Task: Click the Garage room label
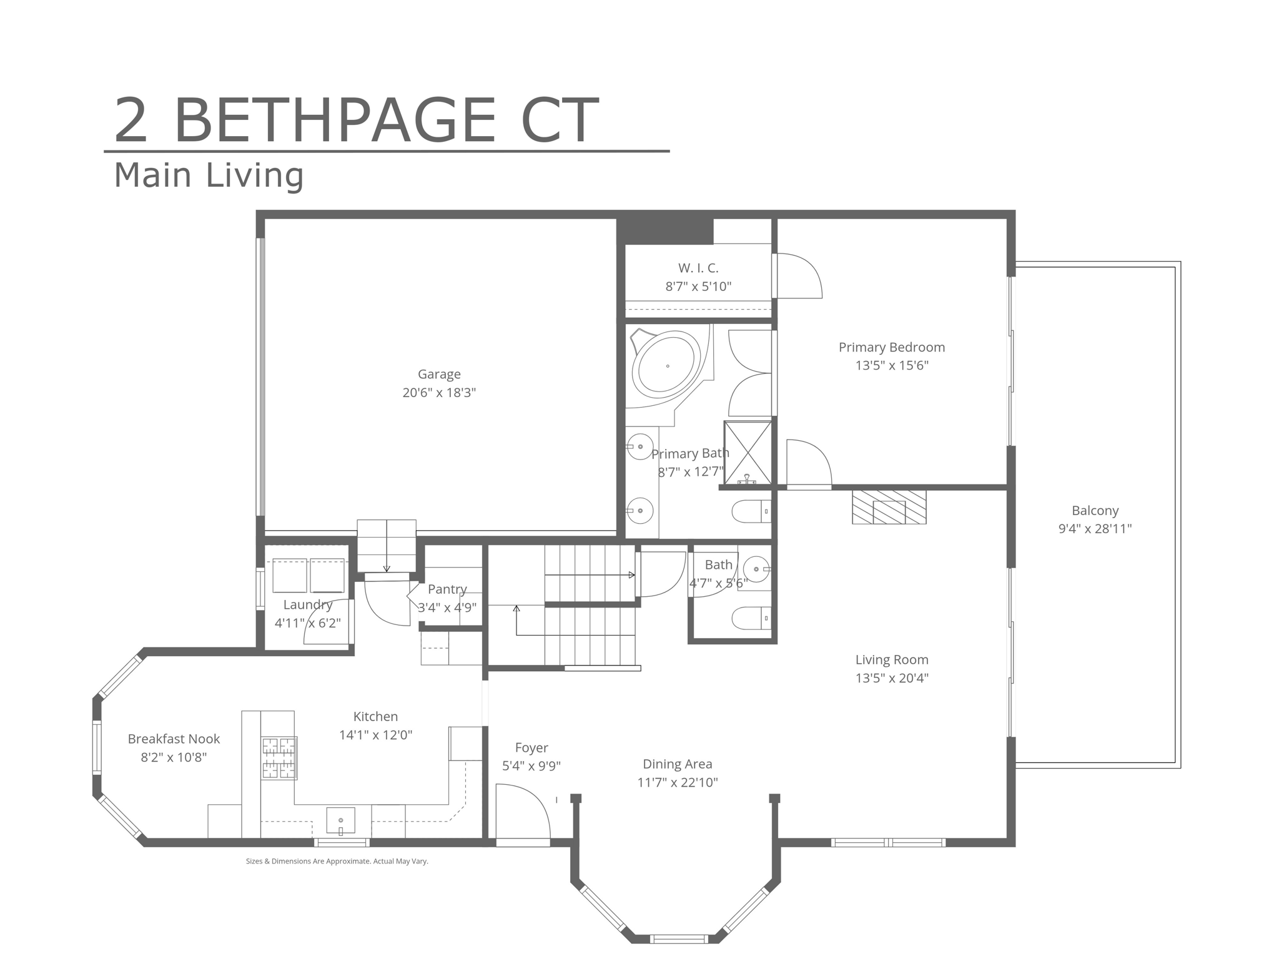pyautogui.click(x=439, y=374)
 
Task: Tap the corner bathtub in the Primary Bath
pyautogui.click(x=668, y=365)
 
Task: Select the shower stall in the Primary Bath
pyautogui.click(x=748, y=453)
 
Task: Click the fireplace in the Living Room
pyautogui.click(x=889, y=507)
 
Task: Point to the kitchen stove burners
pyautogui.click(x=279, y=758)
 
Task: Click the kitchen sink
pyautogui.click(x=340, y=820)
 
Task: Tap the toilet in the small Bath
pyautogui.click(x=751, y=618)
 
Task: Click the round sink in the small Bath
pyautogui.click(x=756, y=569)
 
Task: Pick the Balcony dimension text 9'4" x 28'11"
pyautogui.click(x=1095, y=529)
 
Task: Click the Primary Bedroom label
pyautogui.click(x=892, y=347)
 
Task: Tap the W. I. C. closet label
pyautogui.click(x=698, y=268)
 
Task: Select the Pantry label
pyautogui.click(x=447, y=589)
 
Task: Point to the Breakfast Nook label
pyautogui.click(x=174, y=739)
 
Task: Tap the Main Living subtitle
pyautogui.click(x=209, y=175)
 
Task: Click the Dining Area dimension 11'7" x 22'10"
pyautogui.click(x=678, y=782)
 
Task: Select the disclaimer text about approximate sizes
pyautogui.click(x=337, y=861)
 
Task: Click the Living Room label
pyautogui.click(x=892, y=659)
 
